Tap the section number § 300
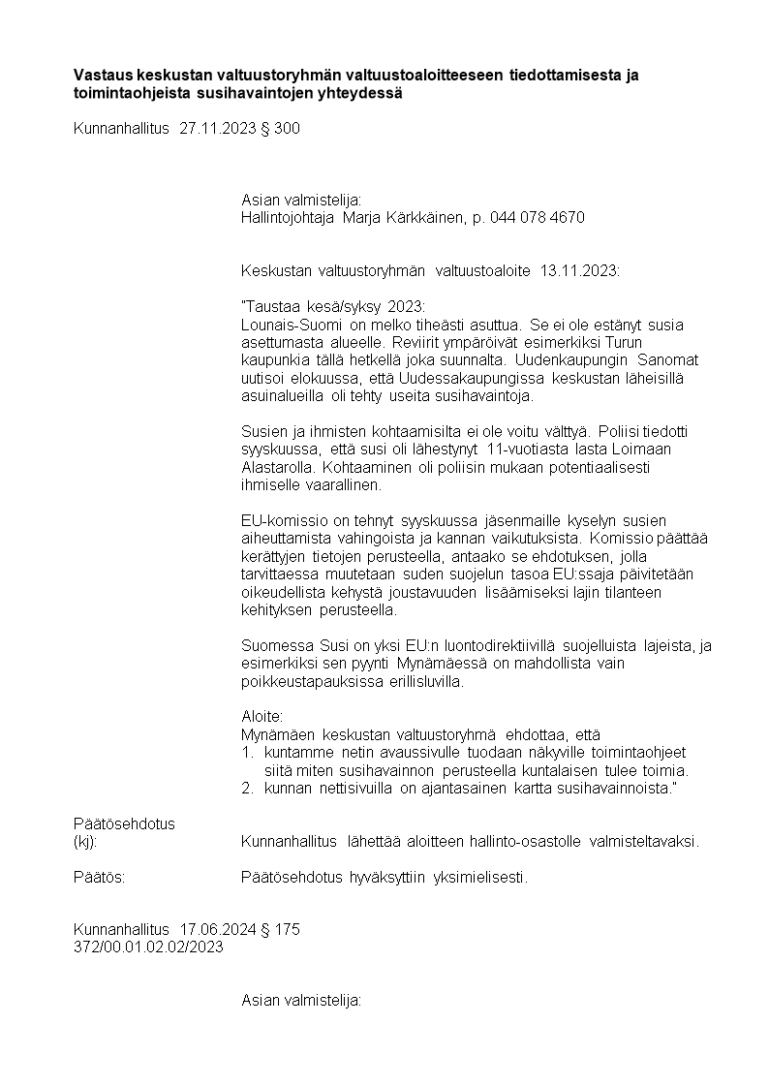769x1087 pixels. tap(281, 128)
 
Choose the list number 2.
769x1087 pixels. tap(246, 788)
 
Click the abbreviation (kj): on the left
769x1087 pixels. tap(85, 841)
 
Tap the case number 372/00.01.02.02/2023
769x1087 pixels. tap(148, 947)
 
